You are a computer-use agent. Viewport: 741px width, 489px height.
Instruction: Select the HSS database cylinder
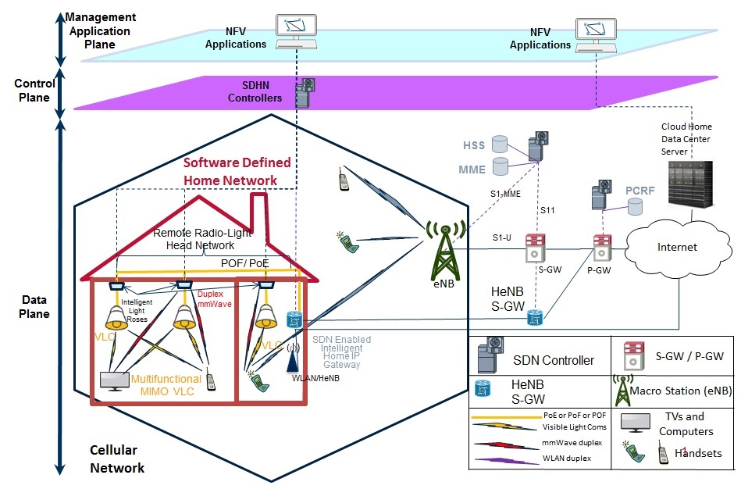[x=499, y=145]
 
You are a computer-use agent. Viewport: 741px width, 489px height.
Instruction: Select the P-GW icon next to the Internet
[x=601, y=247]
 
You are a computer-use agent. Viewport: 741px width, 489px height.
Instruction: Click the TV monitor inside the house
[x=116, y=381]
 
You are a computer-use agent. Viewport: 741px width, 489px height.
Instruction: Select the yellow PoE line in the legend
[x=506, y=418]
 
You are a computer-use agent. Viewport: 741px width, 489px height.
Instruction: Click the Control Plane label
[x=34, y=91]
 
